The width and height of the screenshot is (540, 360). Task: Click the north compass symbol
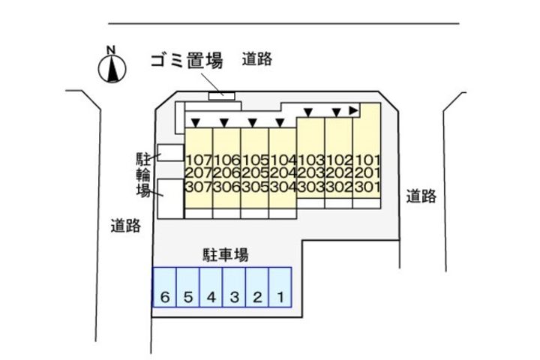[110, 68]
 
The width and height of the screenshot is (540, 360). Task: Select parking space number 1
[280, 298]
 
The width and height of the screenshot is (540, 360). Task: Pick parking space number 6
[165, 298]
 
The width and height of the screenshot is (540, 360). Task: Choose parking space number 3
[234, 298]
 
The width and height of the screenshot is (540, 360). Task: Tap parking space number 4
[211, 298]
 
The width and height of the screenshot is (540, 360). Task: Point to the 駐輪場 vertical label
[142, 175]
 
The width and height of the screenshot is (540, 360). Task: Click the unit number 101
[367, 160]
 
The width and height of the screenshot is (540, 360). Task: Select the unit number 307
[199, 187]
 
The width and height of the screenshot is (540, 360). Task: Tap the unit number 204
[283, 173]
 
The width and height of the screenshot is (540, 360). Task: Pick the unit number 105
[255, 160]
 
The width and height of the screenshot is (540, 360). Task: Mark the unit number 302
[339, 187]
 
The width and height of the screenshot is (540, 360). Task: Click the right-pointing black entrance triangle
[353, 110]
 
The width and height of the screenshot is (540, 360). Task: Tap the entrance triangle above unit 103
[307, 112]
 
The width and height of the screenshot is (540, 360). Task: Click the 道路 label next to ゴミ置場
[256, 60]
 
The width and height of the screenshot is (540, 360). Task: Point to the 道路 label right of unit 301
[421, 196]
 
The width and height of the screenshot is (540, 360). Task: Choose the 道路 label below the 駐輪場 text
[125, 225]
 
